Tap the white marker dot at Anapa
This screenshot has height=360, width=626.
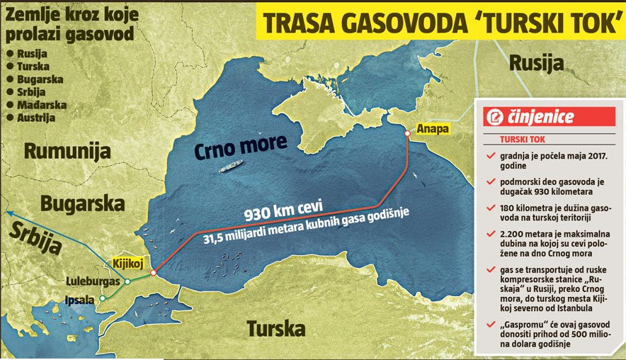[x=406, y=133]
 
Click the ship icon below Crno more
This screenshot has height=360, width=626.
[x=230, y=168]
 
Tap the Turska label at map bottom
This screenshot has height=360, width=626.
[x=275, y=329]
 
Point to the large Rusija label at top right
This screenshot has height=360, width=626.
[x=536, y=62]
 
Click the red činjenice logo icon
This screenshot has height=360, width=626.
[x=493, y=116]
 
